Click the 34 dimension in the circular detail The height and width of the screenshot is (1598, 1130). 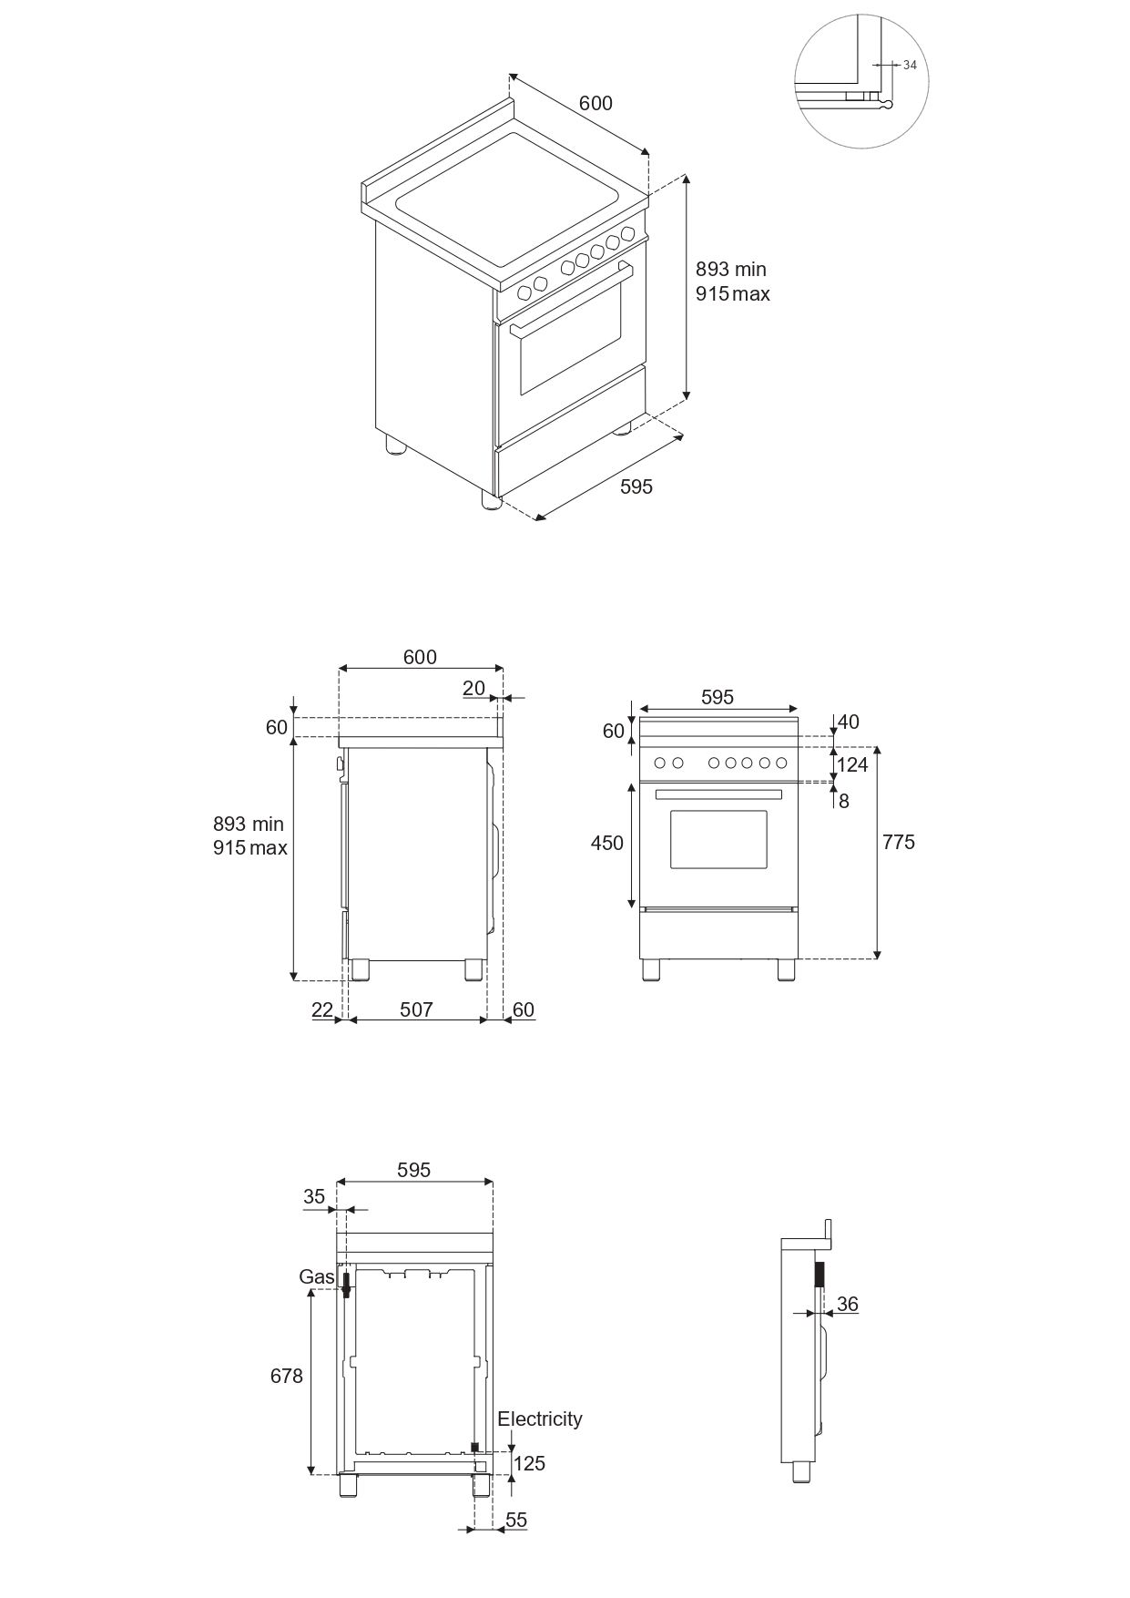tap(910, 65)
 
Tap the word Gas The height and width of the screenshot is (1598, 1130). tap(316, 1277)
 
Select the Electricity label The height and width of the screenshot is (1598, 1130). tap(539, 1419)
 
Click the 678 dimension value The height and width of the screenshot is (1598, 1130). tap(286, 1376)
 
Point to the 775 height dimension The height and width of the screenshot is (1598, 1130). tap(898, 842)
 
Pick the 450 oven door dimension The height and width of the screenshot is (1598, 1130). tap(606, 843)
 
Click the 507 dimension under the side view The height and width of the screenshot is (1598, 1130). tap(416, 1009)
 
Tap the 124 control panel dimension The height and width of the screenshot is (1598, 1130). tap(852, 764)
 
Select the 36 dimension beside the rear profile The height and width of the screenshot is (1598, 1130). tap(847, 1304)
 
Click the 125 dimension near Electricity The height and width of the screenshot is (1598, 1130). tap(529, 1463)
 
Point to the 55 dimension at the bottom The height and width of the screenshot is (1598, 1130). tap(516, 1520)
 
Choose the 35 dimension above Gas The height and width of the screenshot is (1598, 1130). tap(314, 1196)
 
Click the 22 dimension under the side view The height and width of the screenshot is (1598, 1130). tap(322, 1009)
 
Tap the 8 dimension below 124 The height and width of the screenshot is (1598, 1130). tap(844, 802)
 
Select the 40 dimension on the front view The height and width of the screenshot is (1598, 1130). tap(848, 722)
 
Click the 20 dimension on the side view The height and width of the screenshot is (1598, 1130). tap(473, 688)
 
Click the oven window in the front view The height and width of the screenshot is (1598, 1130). tap(718, 839)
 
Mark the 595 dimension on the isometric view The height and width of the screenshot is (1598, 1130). tap(636, 487)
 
